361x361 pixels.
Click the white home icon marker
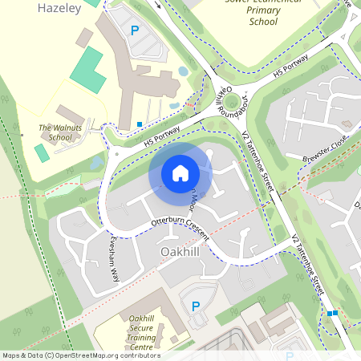pyautogui.click(x=180, y=172)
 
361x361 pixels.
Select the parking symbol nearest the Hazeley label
pyautogui.click(x=134, y=31)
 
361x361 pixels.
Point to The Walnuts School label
pyautogui.click(x=55, y=132)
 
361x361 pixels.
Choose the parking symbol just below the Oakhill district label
pyautogui.click(x=195, y=306)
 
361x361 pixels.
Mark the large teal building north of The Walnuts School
pyautogui.click(x=87, y=69)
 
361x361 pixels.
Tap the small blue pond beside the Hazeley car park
pyautogui.click(x=184, y=71)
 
